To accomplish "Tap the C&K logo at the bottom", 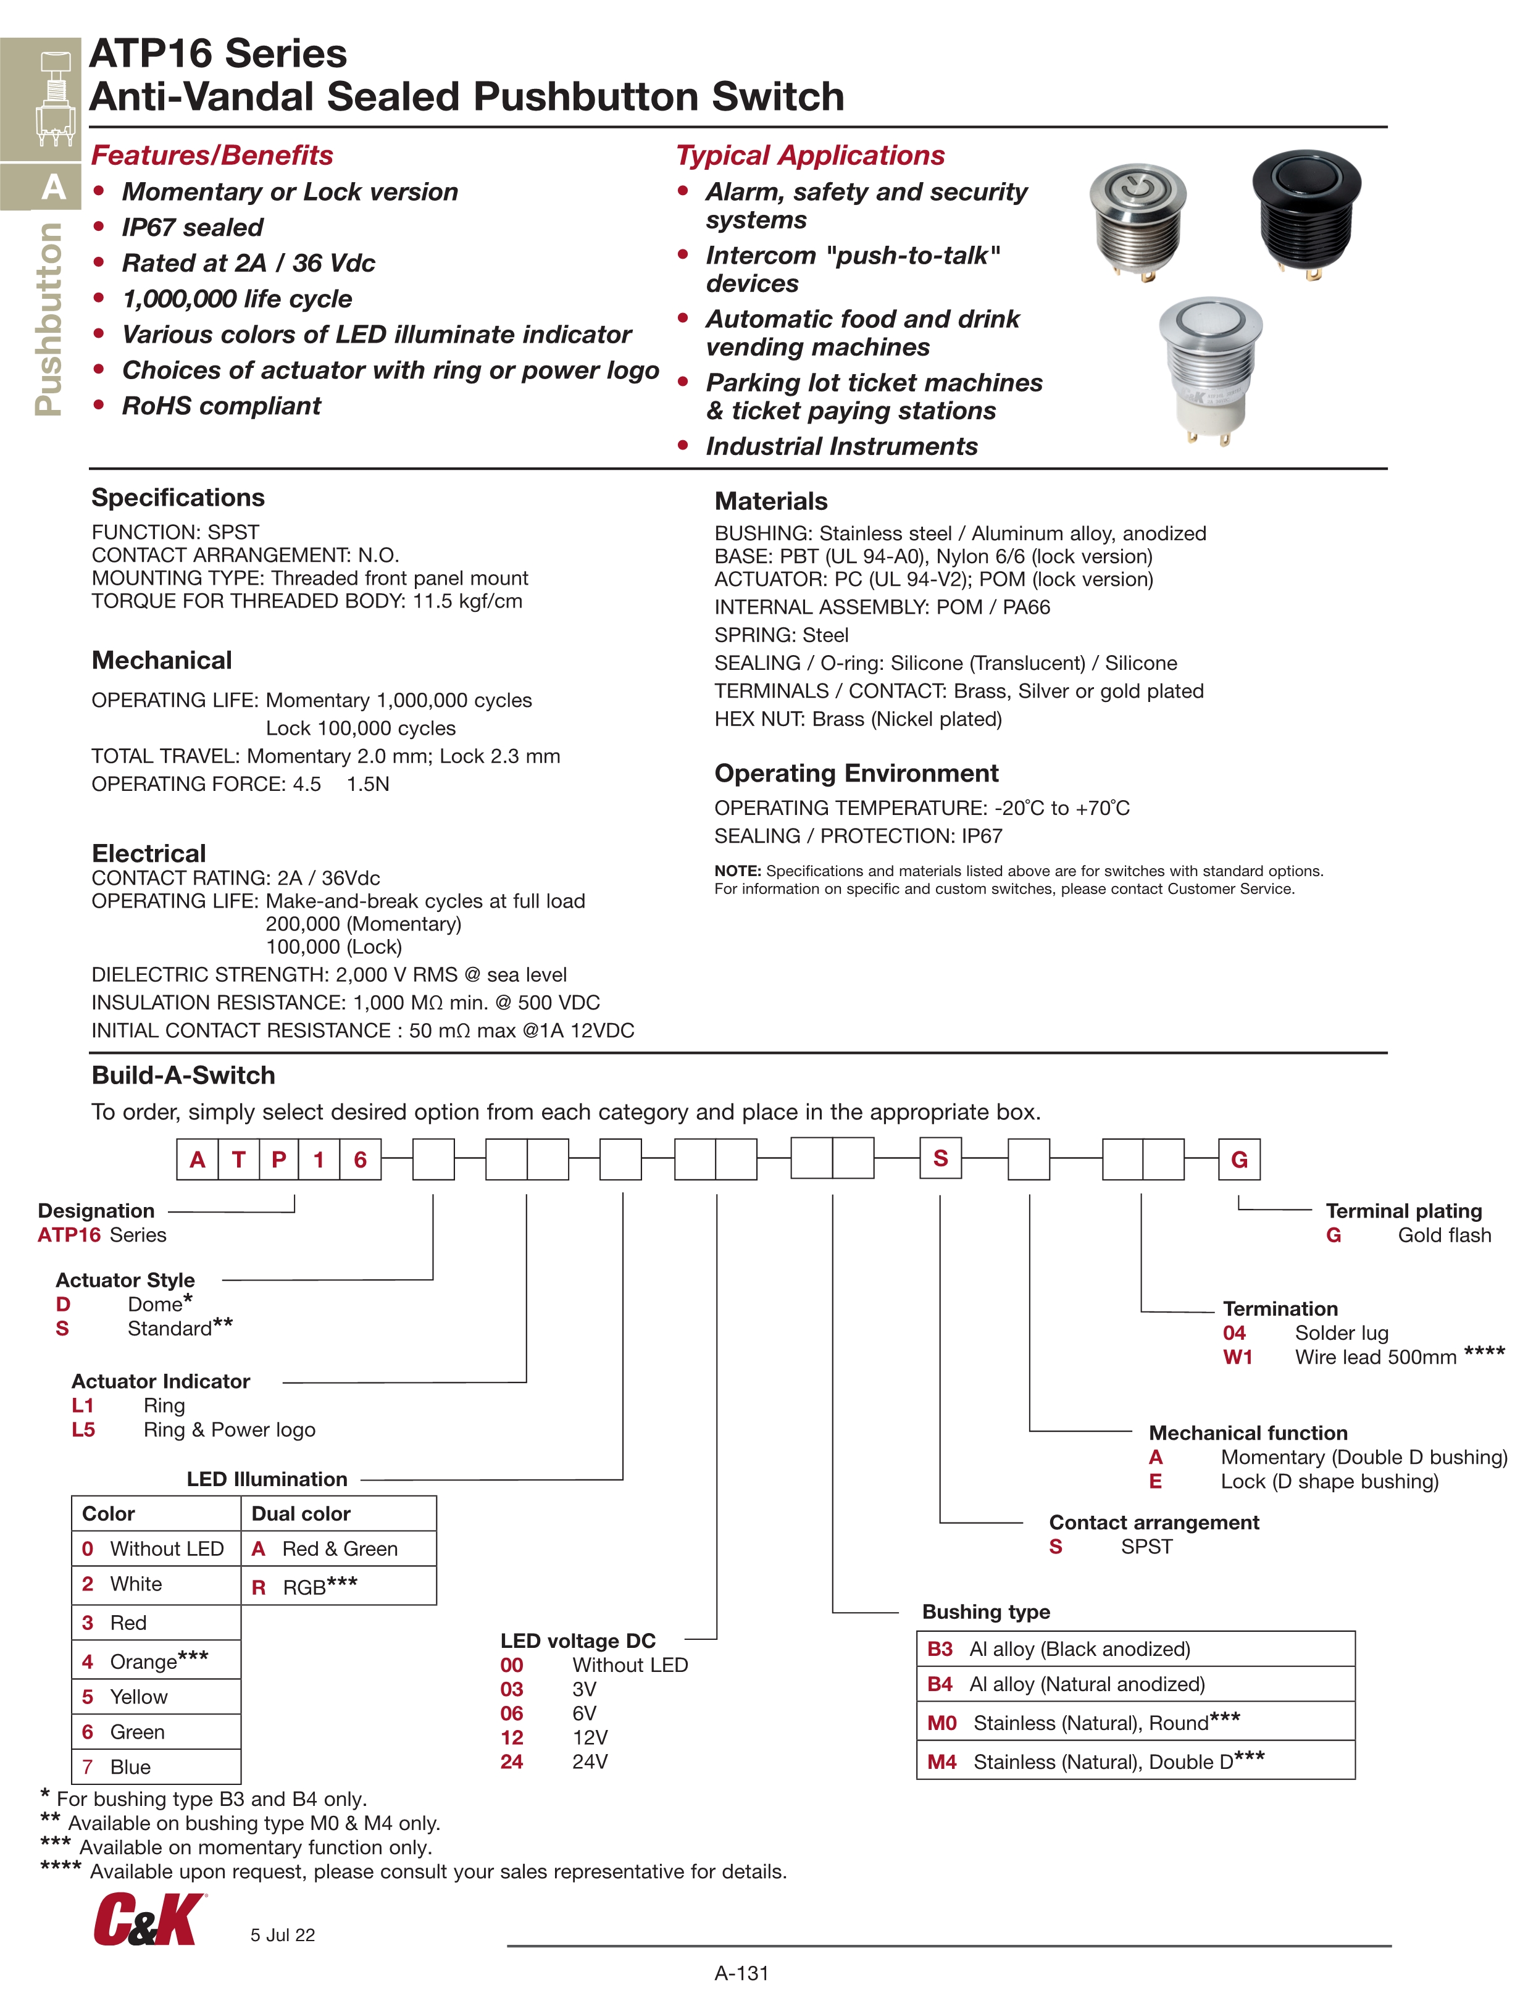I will [x=148, y=1918].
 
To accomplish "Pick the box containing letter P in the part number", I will [x=278, y=1159].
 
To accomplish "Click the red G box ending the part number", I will [x=1238, y=1159].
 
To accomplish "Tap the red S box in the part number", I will [x=941, y=1158].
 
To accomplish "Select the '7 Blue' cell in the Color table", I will [x=156, y=1766].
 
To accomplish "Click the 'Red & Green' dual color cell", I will [x=338, y=1548].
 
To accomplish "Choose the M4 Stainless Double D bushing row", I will [x=1135, y=1761].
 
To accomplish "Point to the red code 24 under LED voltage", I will [x=512, y=1761].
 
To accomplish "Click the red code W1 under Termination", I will [x=1237, y=1356].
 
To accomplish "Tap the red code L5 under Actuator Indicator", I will [x=83, y=1429].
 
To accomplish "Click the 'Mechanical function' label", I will [x=1248, y=1433].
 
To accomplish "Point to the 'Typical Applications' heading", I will [x=809, y=156].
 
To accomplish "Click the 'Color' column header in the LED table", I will [x=109, y=1513].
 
